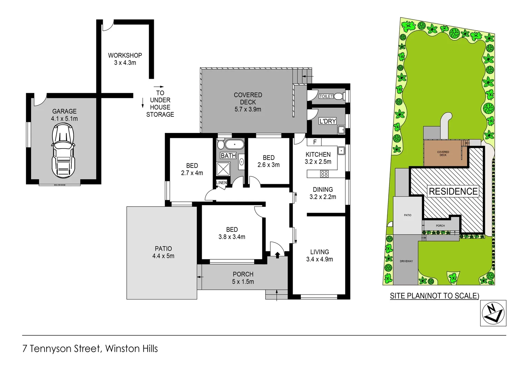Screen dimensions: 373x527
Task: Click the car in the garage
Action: click(63, 151)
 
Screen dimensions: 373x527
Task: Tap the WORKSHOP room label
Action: click(125, 55)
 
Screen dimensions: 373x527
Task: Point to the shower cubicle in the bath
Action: click(223, 169)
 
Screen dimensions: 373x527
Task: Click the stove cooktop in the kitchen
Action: click(324, 174)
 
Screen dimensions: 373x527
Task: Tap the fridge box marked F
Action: click(314, 142)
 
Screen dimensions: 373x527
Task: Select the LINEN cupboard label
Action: click(221, 183)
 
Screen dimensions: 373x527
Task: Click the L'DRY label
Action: click(327, 121)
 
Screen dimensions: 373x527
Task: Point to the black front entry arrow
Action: click(277, 255)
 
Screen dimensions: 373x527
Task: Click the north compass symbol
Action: click(493, 313)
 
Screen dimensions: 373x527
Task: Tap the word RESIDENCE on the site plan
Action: click(453, 191)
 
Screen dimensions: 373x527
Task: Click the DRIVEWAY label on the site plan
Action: click(406, 261)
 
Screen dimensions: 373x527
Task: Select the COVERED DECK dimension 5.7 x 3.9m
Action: click(248, 109)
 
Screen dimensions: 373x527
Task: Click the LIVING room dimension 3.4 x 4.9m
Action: click(319, 259)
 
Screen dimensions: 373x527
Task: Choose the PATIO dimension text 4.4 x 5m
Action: click(163, 256)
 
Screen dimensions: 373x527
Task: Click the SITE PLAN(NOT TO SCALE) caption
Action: click(434, 296)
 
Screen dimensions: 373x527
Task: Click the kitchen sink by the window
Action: click(341, 151)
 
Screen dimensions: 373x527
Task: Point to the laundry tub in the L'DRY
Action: click(341, 130)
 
